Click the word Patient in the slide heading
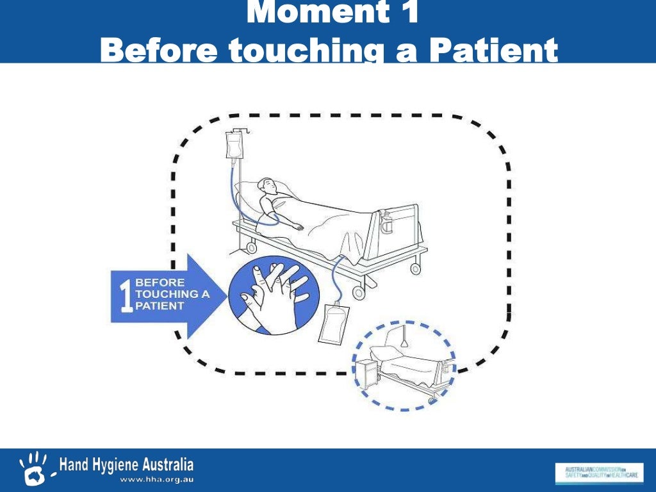493,50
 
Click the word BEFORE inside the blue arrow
160,282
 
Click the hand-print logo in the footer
34,468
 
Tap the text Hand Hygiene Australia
126,464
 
